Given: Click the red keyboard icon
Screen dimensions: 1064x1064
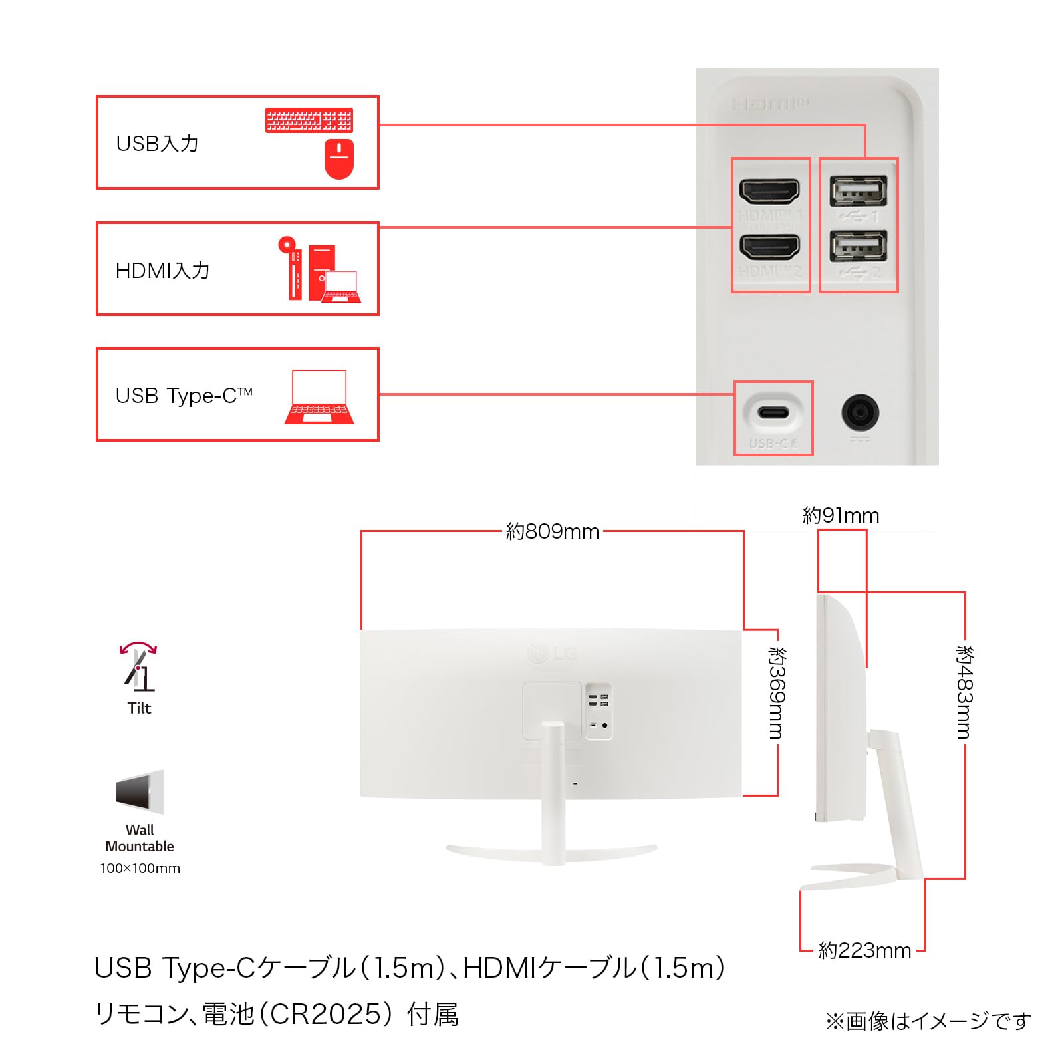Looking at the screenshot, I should (x=309, y=120).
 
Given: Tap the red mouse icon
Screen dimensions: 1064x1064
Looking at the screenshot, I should (x=339, y=159).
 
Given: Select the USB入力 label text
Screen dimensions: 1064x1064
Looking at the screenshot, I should (x=158, y=144).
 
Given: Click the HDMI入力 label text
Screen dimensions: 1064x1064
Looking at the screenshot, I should (x=163, y=271).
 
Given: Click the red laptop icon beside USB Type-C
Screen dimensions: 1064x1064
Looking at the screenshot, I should (x=319, y=397).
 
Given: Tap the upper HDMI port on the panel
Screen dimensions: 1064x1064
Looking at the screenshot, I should (x=769, y=192).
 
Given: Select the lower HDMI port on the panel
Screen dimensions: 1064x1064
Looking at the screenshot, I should (x=769, y=247).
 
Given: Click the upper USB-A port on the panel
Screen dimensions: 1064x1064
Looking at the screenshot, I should (x=858, y=192).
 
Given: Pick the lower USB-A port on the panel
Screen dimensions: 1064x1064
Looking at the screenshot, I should (x=858, y=247).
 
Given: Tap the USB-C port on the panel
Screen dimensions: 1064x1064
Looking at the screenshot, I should (x=773, y=413).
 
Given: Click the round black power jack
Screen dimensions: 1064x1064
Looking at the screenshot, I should (x=860, y=412).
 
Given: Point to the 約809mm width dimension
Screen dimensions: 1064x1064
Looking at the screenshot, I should (x=553, y=531).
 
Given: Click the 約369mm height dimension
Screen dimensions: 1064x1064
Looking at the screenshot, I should (x=777, y=693).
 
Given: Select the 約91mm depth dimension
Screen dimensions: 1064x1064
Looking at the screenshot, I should (x=841, y=515).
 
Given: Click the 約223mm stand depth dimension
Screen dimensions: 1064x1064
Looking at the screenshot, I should (x=864, y=950).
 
